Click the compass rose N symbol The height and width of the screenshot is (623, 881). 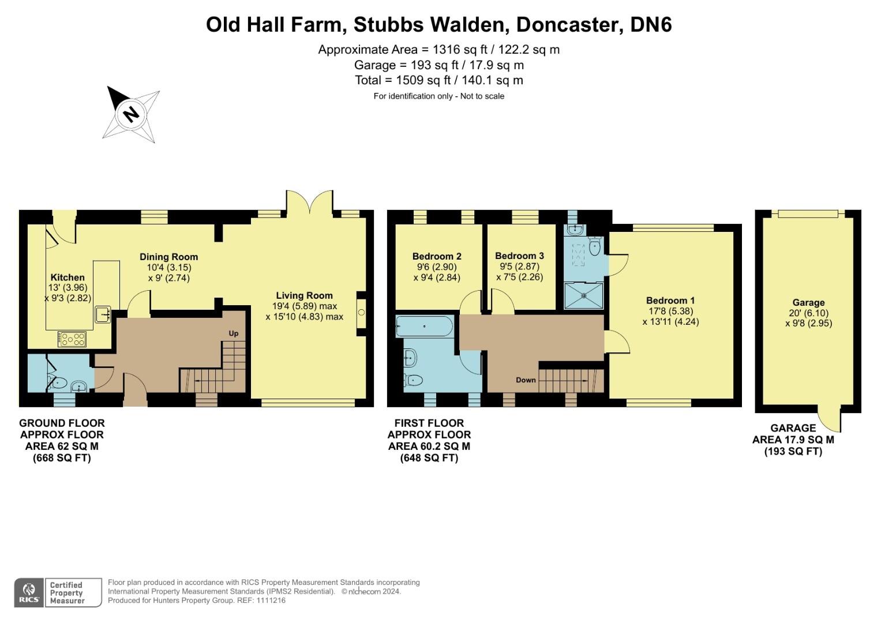[x=132, y=113]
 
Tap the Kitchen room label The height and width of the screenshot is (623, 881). [x=68, y=277]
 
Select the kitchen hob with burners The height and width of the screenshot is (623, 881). [x=72, y=339]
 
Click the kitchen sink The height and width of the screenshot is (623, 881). [x=103, y=314]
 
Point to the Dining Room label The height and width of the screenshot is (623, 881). [x=168, y=257]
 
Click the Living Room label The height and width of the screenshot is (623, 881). [x=304, y=295]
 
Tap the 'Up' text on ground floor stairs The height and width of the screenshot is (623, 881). [x=234, y=333]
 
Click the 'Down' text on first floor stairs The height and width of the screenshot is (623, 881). [x=526, y=380]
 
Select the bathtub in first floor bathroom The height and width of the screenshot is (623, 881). [x=424, y=327]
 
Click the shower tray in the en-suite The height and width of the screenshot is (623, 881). [x=584, y=295]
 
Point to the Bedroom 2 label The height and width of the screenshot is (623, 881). [x=437, y=257]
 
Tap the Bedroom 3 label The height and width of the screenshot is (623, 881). [x=519, y=256]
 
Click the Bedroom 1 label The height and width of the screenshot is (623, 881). [x=670, y=301]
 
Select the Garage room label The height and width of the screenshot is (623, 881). [x=808, y=303]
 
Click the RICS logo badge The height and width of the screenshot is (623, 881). [x=29, y=592]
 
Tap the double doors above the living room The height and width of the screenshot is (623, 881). [x=309, y=204]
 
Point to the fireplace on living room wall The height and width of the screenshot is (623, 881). [x=362, y=313]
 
